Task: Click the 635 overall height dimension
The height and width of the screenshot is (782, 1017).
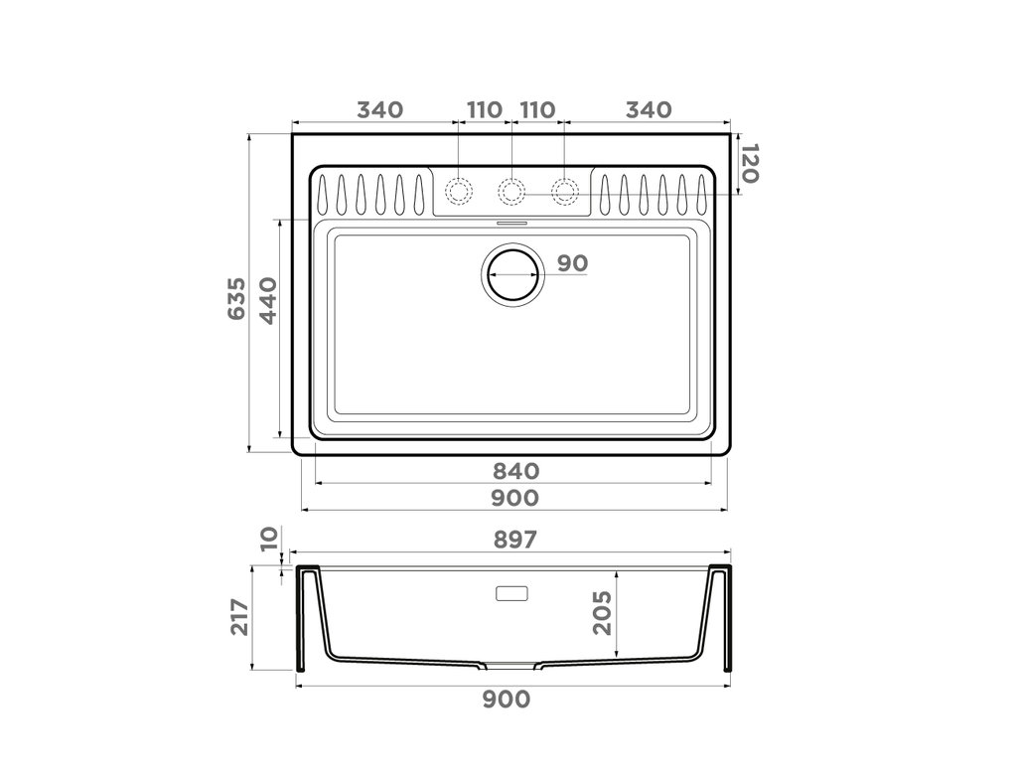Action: [x=236, y=298]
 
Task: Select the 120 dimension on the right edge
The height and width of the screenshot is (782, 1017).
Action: [x=750, y=164]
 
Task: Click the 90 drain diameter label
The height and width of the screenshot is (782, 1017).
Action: [x=572, y=263]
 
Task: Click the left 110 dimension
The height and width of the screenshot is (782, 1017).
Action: [x=484, y=109]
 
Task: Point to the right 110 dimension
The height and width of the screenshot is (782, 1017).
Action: [x=537, y=109]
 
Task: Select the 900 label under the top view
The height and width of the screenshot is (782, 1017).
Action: [x=513, y=496]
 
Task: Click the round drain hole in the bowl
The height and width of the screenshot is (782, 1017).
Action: [x=511, y=272]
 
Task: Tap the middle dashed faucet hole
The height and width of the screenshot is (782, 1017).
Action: [x=511, y=190]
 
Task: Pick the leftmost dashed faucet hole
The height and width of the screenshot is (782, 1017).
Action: [x=458, y=190]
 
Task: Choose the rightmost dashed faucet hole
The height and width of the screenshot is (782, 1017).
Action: [x=565, y=190]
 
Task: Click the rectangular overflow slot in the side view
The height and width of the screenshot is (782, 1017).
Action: [x=512, y=594]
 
